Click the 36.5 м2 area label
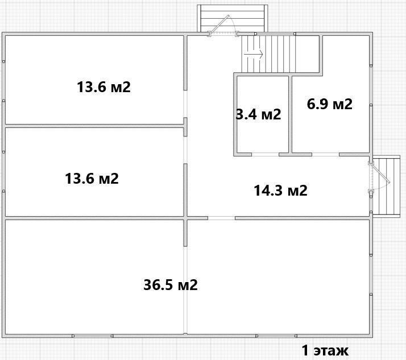pos(171,285)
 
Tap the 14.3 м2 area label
pos(281,191)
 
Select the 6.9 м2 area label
pos(330,104)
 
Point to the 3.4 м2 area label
pos(259,114)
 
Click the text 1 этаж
pos(325,351)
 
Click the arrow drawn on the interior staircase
pos(254,55)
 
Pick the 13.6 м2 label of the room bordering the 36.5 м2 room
pos(92,179)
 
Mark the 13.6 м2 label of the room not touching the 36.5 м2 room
pos(104,87)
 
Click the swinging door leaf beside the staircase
pos(220,24)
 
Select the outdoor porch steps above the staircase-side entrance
pos(232,18)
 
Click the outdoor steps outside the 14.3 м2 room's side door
pos(386,185)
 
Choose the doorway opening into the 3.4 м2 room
pos(265,154)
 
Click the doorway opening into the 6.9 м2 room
pos(325,154)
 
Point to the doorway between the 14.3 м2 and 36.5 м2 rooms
pos(221,218)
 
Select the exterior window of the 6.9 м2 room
pos(371,85)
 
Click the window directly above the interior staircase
pos(275,34)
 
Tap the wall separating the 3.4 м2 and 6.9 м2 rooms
pos(290,114)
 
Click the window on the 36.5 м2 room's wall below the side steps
pos(371,273)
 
